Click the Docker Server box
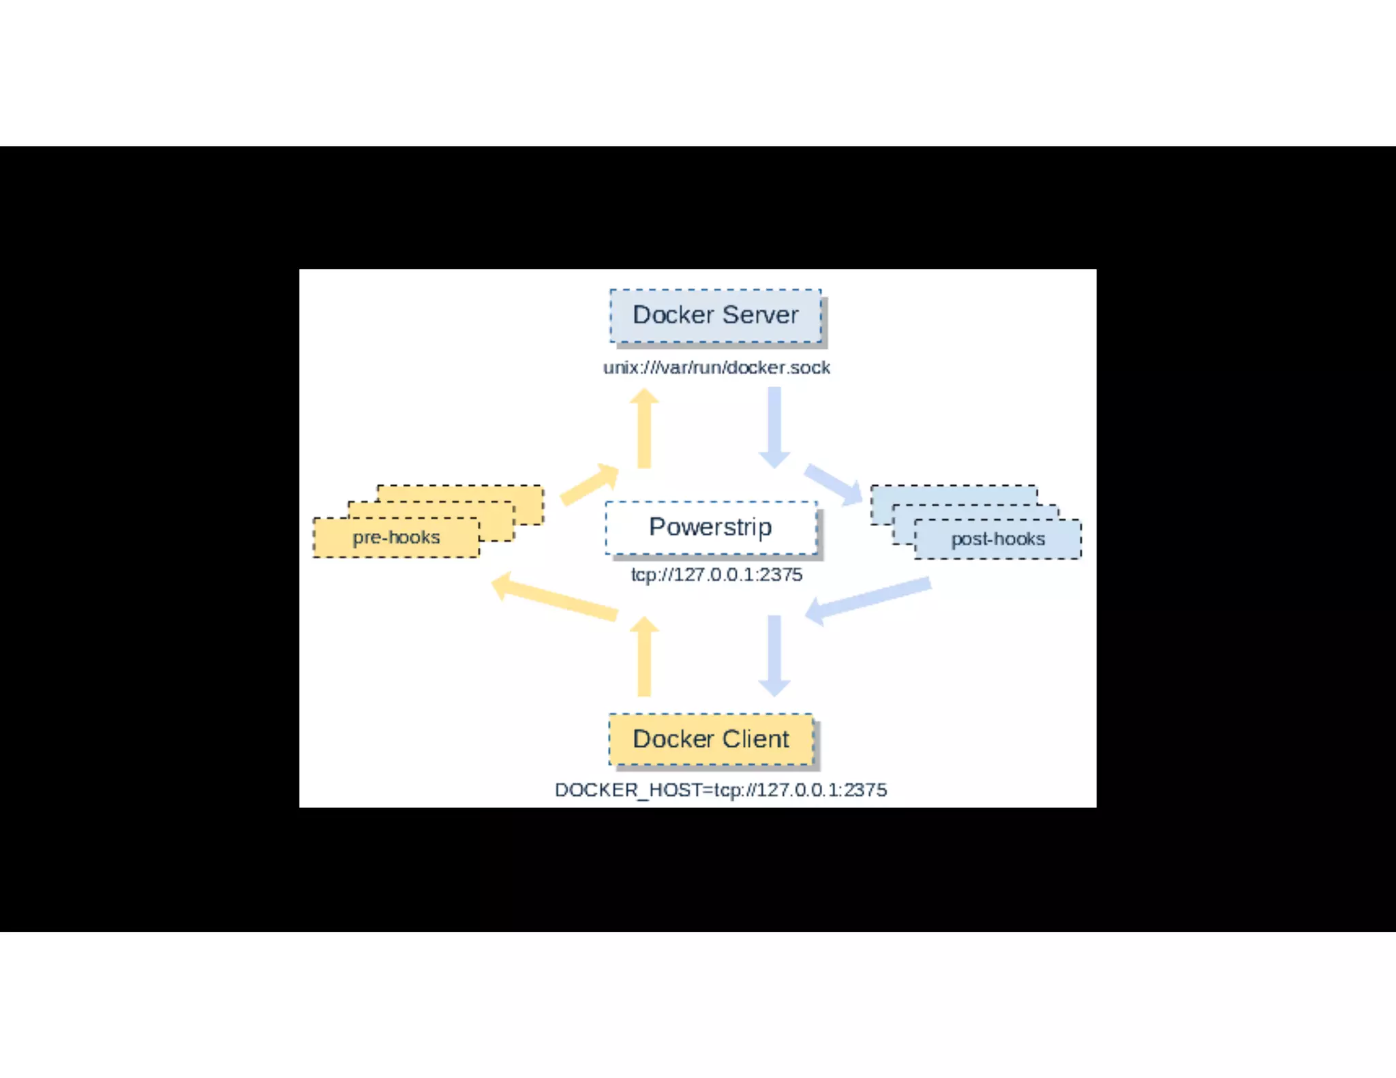715,315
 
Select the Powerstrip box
711,527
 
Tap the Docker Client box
711,739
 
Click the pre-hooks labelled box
396,538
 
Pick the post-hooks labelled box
998,539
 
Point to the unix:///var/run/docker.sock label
716,368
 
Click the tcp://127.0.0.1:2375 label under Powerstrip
716,575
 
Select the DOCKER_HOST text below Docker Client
720,790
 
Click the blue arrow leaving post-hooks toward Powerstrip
869,600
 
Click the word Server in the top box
760,315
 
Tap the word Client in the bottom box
755,739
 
